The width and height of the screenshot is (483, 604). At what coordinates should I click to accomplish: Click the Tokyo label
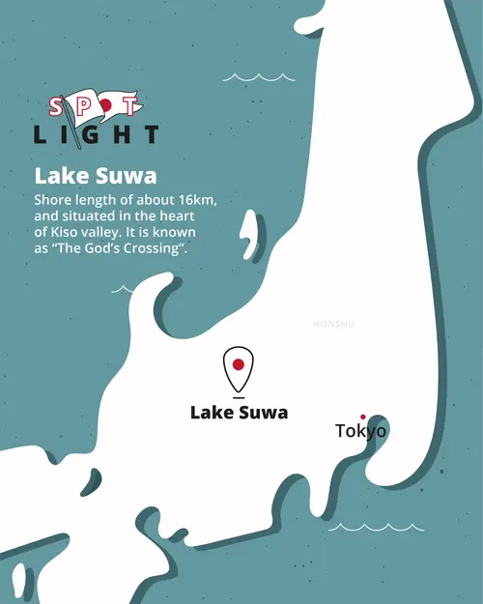[x=360, y=431]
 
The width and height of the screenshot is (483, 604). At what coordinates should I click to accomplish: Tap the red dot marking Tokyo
[x=363, y=417]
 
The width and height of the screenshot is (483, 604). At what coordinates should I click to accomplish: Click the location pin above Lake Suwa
[x=238, y=366]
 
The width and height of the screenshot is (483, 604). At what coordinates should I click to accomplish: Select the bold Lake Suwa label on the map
[x=239, y=413]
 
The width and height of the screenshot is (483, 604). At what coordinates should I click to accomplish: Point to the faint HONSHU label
[x=334, y=324]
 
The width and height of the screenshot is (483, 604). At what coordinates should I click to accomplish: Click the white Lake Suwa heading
[x=96, y=176]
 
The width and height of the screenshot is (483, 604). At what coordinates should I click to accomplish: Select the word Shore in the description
[x=53, y=200]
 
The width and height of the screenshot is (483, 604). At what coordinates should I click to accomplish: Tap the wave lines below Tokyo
[x=376, y=528]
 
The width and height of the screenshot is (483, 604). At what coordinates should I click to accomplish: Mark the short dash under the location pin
[x=238, y=397]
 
